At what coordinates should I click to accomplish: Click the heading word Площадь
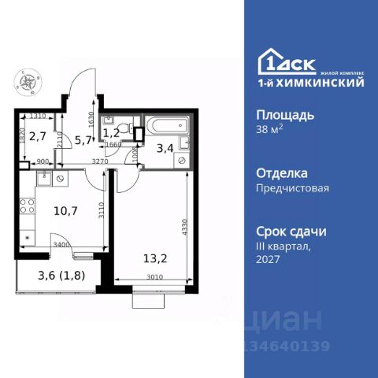[285, 114]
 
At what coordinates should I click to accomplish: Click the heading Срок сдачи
[292, 232]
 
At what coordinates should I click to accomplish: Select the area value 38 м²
[270, 131]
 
